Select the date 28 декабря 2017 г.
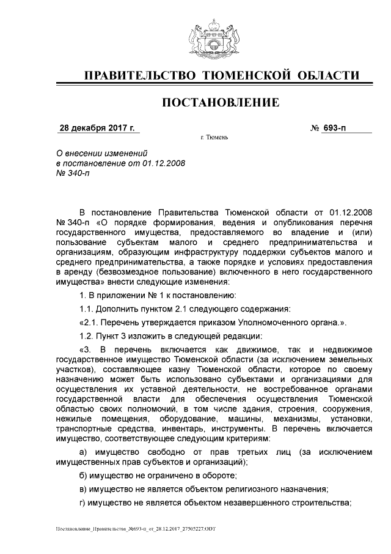[97, 129]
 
